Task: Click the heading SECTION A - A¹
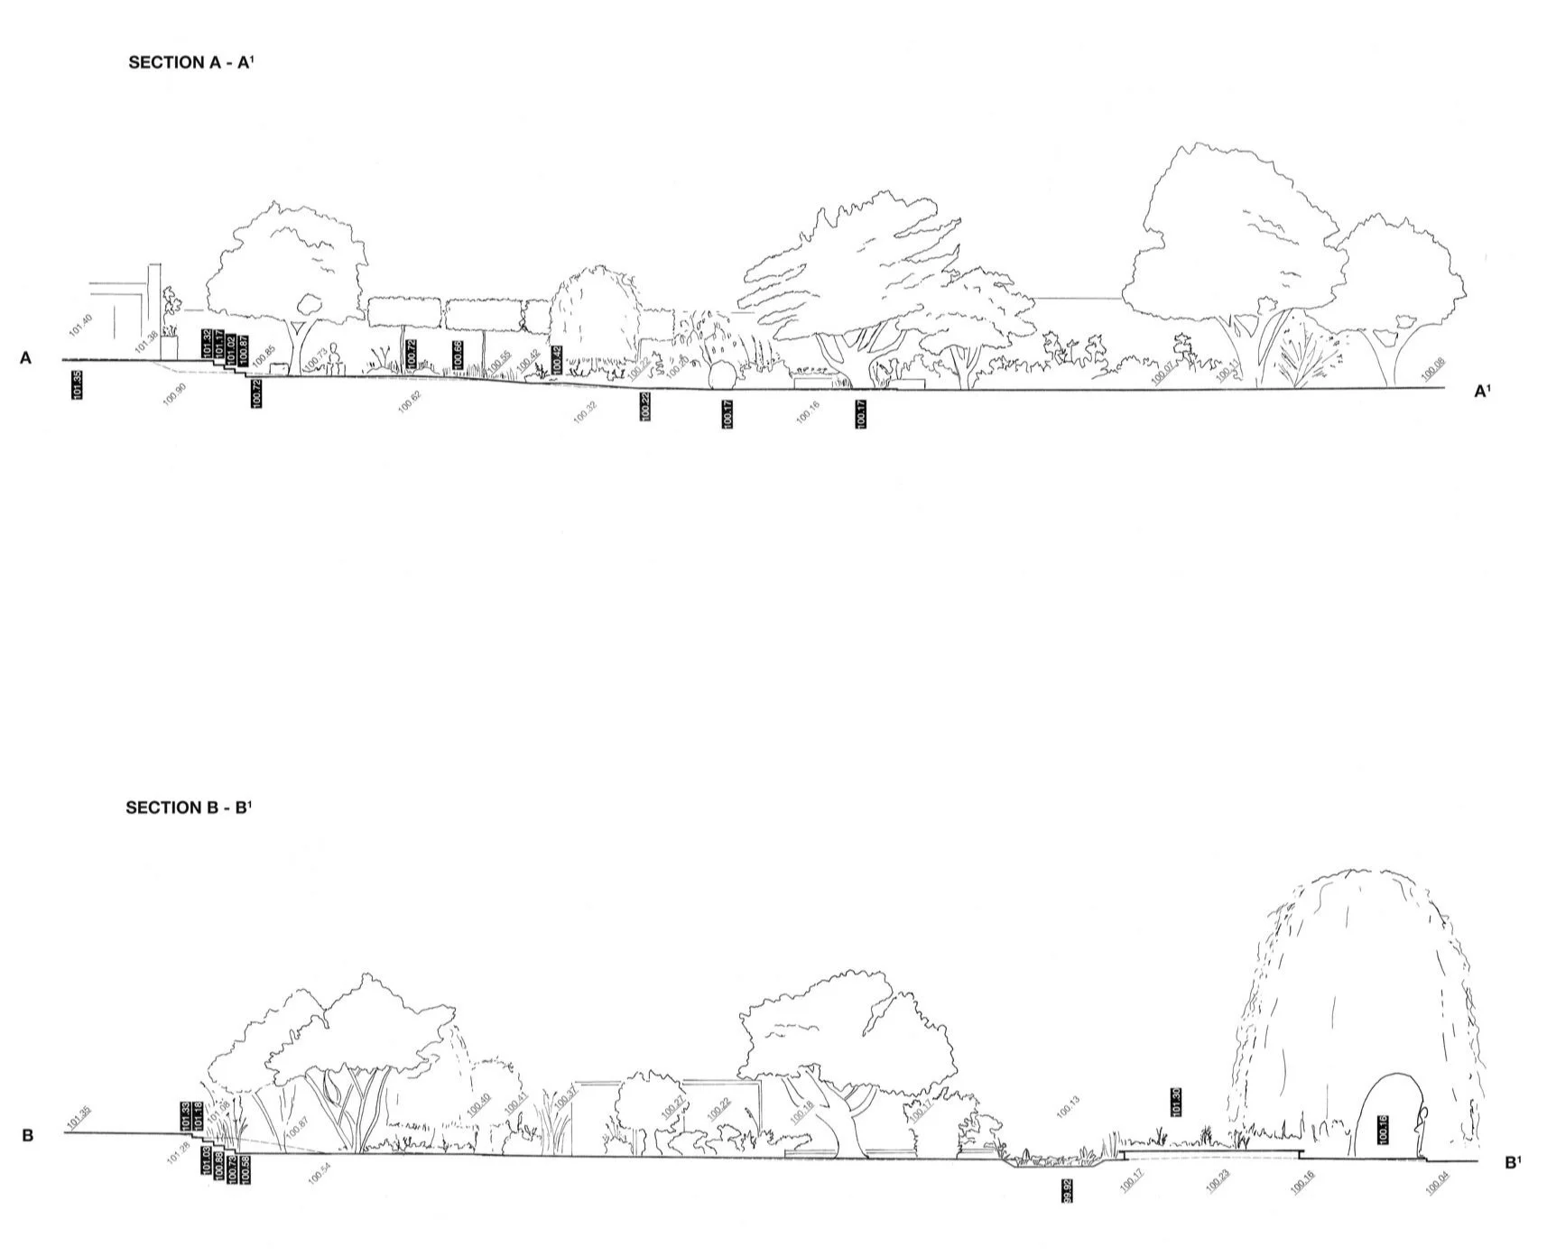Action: [191, 62]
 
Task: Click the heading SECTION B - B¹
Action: [189, 808]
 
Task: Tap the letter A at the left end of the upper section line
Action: [26, 359]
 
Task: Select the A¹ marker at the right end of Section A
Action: [1482, 392]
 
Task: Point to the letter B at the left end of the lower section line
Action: [28, 1135]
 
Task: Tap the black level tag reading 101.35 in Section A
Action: [77, 385]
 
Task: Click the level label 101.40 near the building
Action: [79, 326]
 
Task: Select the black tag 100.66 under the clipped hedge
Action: [458, 354]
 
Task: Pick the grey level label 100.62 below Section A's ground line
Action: [409, 402]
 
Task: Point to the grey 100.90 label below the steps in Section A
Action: [174, 395]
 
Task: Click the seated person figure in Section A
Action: [336, 358]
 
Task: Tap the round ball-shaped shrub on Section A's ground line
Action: [720, 375]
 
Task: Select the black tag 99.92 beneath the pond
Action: [1068, 1188]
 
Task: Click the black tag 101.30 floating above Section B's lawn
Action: [1176, 1103]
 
